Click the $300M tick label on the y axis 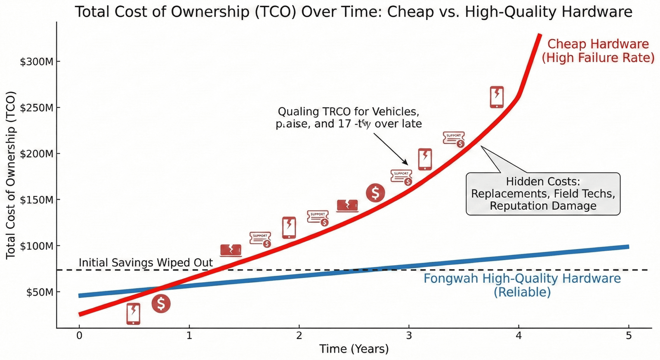click(37, 62)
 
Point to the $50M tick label click(39, 292)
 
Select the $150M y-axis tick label click(37, 200)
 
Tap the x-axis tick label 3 click(408, 336)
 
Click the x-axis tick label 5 click(628, 336)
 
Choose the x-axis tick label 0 click(79, 336)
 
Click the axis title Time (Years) click(354, 349)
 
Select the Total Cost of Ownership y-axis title click(11, 175)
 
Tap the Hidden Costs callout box click(543, 194)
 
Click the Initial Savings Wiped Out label click(146, 263)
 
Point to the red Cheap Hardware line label click(598, 51)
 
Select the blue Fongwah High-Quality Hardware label click(522, 285)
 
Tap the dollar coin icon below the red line click(161, 304)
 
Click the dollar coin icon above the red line click(375, 193)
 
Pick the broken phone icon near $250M click(497, 97)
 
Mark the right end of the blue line click(628, 247)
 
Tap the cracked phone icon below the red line click(133, 314)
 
